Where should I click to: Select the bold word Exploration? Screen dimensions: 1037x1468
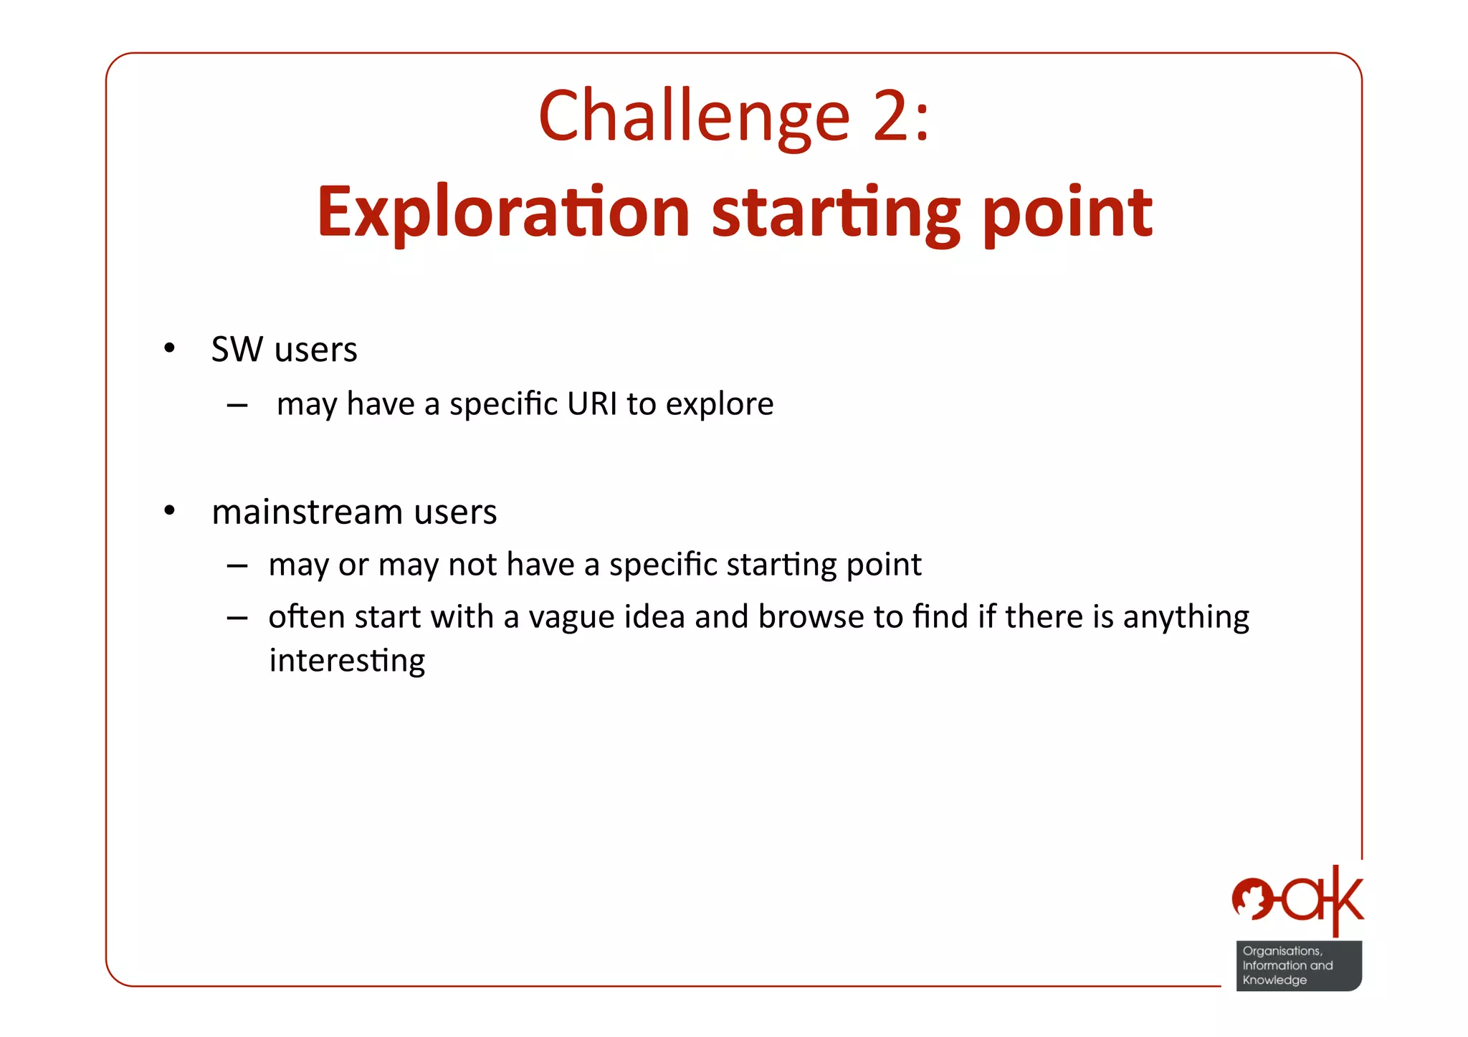(503, 212)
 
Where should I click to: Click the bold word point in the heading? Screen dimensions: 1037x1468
(1067, 212)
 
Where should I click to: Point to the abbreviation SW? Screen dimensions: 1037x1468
(237, 350)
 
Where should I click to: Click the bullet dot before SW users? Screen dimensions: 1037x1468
(169, 349)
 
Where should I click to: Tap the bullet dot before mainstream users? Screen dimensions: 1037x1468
(169, 511)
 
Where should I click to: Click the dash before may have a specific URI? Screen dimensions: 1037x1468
(237, 406)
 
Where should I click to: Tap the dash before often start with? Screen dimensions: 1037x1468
(237, 618)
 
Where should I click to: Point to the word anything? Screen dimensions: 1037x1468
(1186, 618)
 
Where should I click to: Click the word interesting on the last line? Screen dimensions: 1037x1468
(347, 661)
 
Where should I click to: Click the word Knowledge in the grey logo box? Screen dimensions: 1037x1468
(1274, 980)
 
